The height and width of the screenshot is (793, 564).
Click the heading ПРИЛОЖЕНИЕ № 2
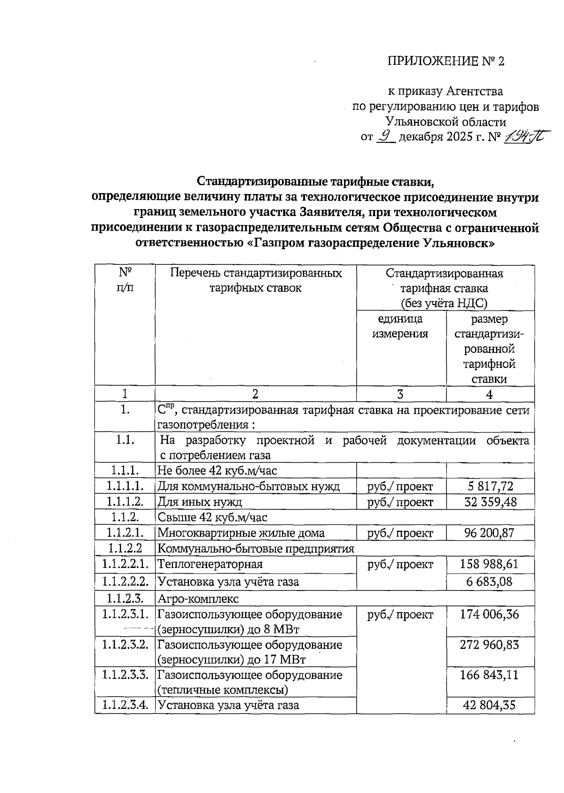pyautogui.click(x=446, y=62)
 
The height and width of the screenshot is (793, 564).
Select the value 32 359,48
pyautogui.click(x=490, y=502)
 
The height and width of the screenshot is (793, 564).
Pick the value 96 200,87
pyautogui.click(x=490, y=533)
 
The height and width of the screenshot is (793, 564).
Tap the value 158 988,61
pyautogui.click(x=490, y=564)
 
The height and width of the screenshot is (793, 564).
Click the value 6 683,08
pyautogui.click(x=490, y=582)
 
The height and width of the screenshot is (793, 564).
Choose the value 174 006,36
pyautogui.click(x=490, y=614)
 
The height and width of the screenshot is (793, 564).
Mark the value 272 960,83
pyautogui.click(x=490, y=645)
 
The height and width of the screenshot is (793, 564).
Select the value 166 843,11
pyautogui.click(x=490, y=675)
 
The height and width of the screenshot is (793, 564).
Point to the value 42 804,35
pyautogui.click(x=490, y=705)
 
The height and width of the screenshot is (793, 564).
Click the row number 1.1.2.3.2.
pyautogui.click(x=125, y=645)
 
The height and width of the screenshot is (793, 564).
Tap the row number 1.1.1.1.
pyautogui.click(x=125, y=486)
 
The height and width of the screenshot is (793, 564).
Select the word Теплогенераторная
pyautogui.click(x=210, y=564)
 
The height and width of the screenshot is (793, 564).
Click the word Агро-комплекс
pyautogui.click(x=198, y=599)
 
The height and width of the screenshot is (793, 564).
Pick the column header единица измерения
pyautogui.click(x=400, y=327)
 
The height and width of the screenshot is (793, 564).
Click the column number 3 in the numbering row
pyautogui.click(x=400, y=394)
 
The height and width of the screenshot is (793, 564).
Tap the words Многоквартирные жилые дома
pyautogui.click(x=241, y=533)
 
